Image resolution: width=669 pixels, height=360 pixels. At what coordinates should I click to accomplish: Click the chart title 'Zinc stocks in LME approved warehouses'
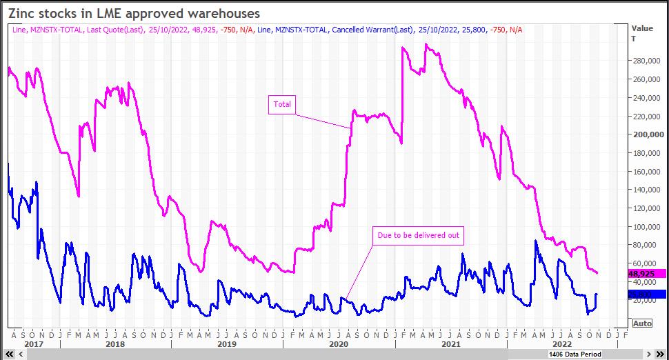point(134,13)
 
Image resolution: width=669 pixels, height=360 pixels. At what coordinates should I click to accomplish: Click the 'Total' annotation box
point(282,105)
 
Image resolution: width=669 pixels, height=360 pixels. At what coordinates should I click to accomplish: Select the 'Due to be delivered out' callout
point(418,236)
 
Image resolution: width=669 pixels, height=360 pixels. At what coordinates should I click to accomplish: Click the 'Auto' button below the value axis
point(641,323)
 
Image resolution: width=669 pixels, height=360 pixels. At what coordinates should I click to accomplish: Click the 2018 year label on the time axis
point(115,343)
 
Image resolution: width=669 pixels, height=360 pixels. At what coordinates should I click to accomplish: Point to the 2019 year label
point(227,343)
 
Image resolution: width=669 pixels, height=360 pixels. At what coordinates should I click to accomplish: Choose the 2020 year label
point(339,343)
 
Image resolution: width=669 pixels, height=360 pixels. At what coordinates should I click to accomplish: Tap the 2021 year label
point(450,343)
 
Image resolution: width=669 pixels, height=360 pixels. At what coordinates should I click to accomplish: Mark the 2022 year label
point(562,343)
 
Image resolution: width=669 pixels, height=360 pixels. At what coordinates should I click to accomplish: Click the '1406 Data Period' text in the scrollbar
point(575,354)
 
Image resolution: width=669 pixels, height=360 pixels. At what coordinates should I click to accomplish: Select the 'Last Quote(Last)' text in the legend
point(115,29)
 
